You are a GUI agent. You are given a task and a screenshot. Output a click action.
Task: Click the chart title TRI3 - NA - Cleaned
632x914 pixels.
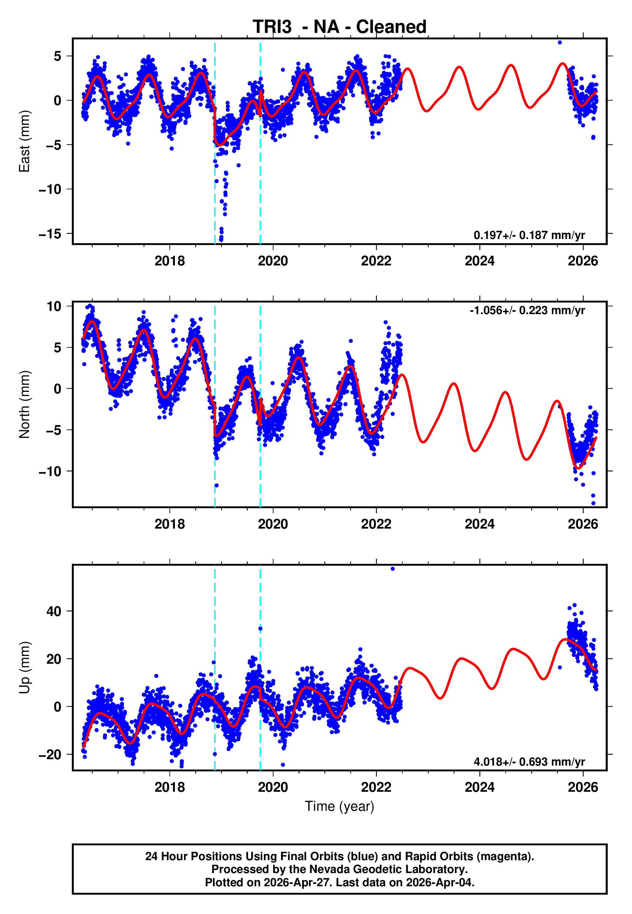point(340,27)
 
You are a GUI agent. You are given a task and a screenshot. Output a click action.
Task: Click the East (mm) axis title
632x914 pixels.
point(24,141)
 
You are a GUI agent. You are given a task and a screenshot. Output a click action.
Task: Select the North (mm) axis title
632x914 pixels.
point(24,404)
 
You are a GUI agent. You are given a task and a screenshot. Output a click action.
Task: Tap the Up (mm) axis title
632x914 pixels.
point(24,668)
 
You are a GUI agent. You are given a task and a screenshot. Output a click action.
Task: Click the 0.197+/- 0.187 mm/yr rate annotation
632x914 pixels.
point(529,235)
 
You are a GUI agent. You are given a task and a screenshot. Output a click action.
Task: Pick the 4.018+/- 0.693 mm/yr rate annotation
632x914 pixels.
point(529,762)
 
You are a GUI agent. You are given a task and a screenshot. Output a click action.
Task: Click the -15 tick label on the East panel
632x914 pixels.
point(50,234)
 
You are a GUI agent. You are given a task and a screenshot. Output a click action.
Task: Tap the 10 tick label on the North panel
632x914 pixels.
point(54,306)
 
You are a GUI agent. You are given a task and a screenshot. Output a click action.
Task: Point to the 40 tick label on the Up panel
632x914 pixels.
point(54,611)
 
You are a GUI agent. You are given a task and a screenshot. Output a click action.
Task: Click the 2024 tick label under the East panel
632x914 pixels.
point(480,261)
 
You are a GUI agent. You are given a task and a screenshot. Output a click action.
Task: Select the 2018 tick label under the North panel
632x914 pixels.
point(169,524)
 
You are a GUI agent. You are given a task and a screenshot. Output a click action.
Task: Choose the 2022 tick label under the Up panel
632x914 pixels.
point(376,787)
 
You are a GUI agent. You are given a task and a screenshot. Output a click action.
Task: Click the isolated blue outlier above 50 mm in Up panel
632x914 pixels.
point(392,569)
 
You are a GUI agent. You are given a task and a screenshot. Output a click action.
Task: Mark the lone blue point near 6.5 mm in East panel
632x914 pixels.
point(560,42)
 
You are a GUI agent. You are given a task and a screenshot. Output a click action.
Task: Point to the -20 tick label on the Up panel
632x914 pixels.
point(50,755)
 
